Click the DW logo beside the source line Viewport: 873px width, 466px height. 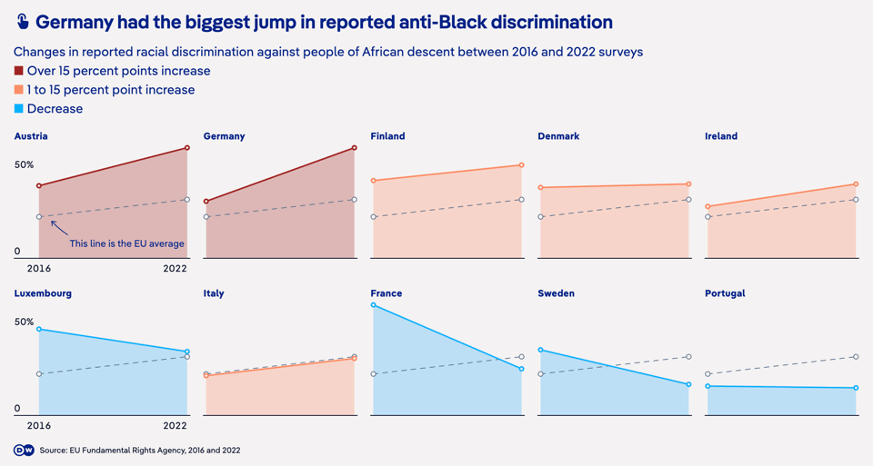coord(24,450)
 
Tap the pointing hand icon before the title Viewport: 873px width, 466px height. coord(22,22)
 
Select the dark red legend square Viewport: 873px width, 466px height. coord(19,71)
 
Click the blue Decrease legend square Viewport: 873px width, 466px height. coord(19,108)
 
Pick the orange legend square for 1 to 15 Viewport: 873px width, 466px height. coord(19,90)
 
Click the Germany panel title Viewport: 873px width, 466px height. coord(224,136)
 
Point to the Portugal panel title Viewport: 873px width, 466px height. coord(725,293)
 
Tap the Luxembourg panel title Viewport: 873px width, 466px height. coord(43,293)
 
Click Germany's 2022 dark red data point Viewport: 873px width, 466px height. coord(355,148)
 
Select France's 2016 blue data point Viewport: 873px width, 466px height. coord(373,305)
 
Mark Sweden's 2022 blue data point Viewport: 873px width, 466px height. coord(688,384)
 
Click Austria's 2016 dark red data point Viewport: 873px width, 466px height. coord(39,185)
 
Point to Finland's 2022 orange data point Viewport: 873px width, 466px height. coord(522,165)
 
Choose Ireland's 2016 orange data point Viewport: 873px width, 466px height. coord(707,206)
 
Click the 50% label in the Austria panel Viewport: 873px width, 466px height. coord(24,165)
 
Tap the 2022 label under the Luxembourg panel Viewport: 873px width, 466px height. coord(175,425)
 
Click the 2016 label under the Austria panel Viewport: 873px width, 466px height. coord(39,269)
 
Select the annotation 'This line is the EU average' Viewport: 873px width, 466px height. coord(127,243)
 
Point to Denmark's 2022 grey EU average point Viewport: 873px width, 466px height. coord(688,200)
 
